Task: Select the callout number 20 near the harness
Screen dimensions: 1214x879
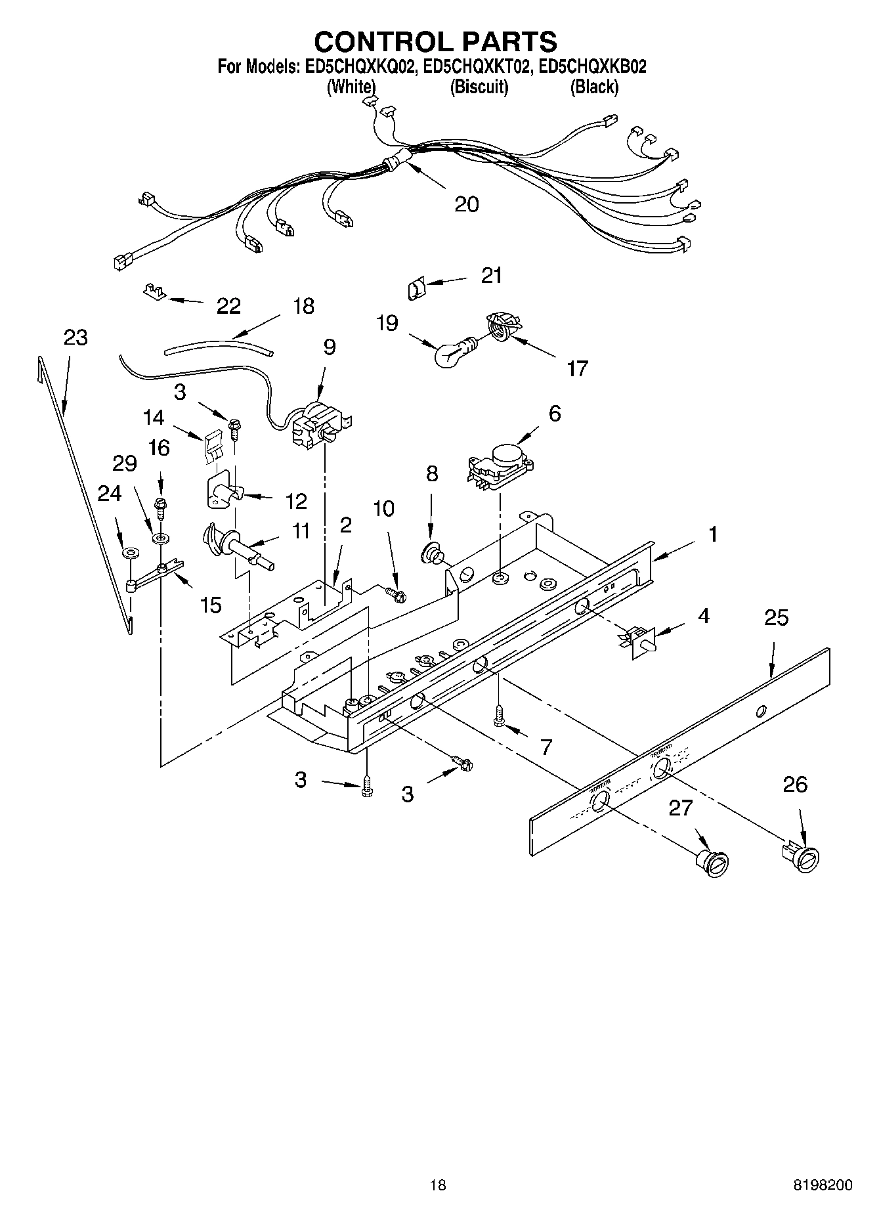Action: (x=467, y=204)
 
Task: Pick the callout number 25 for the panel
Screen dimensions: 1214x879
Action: (x=776, y=618)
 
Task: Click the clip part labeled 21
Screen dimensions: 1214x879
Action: (x=416, y=288)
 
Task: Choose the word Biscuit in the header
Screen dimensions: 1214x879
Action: (x=479, y=87)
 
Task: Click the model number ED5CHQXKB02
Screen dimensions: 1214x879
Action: (x=592, y=66)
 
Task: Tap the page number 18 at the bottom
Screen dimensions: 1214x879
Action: (x=438, y=1185)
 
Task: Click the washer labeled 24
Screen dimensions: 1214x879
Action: (x=129, y=552)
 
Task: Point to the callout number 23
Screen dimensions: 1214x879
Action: (x=76, y=337)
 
